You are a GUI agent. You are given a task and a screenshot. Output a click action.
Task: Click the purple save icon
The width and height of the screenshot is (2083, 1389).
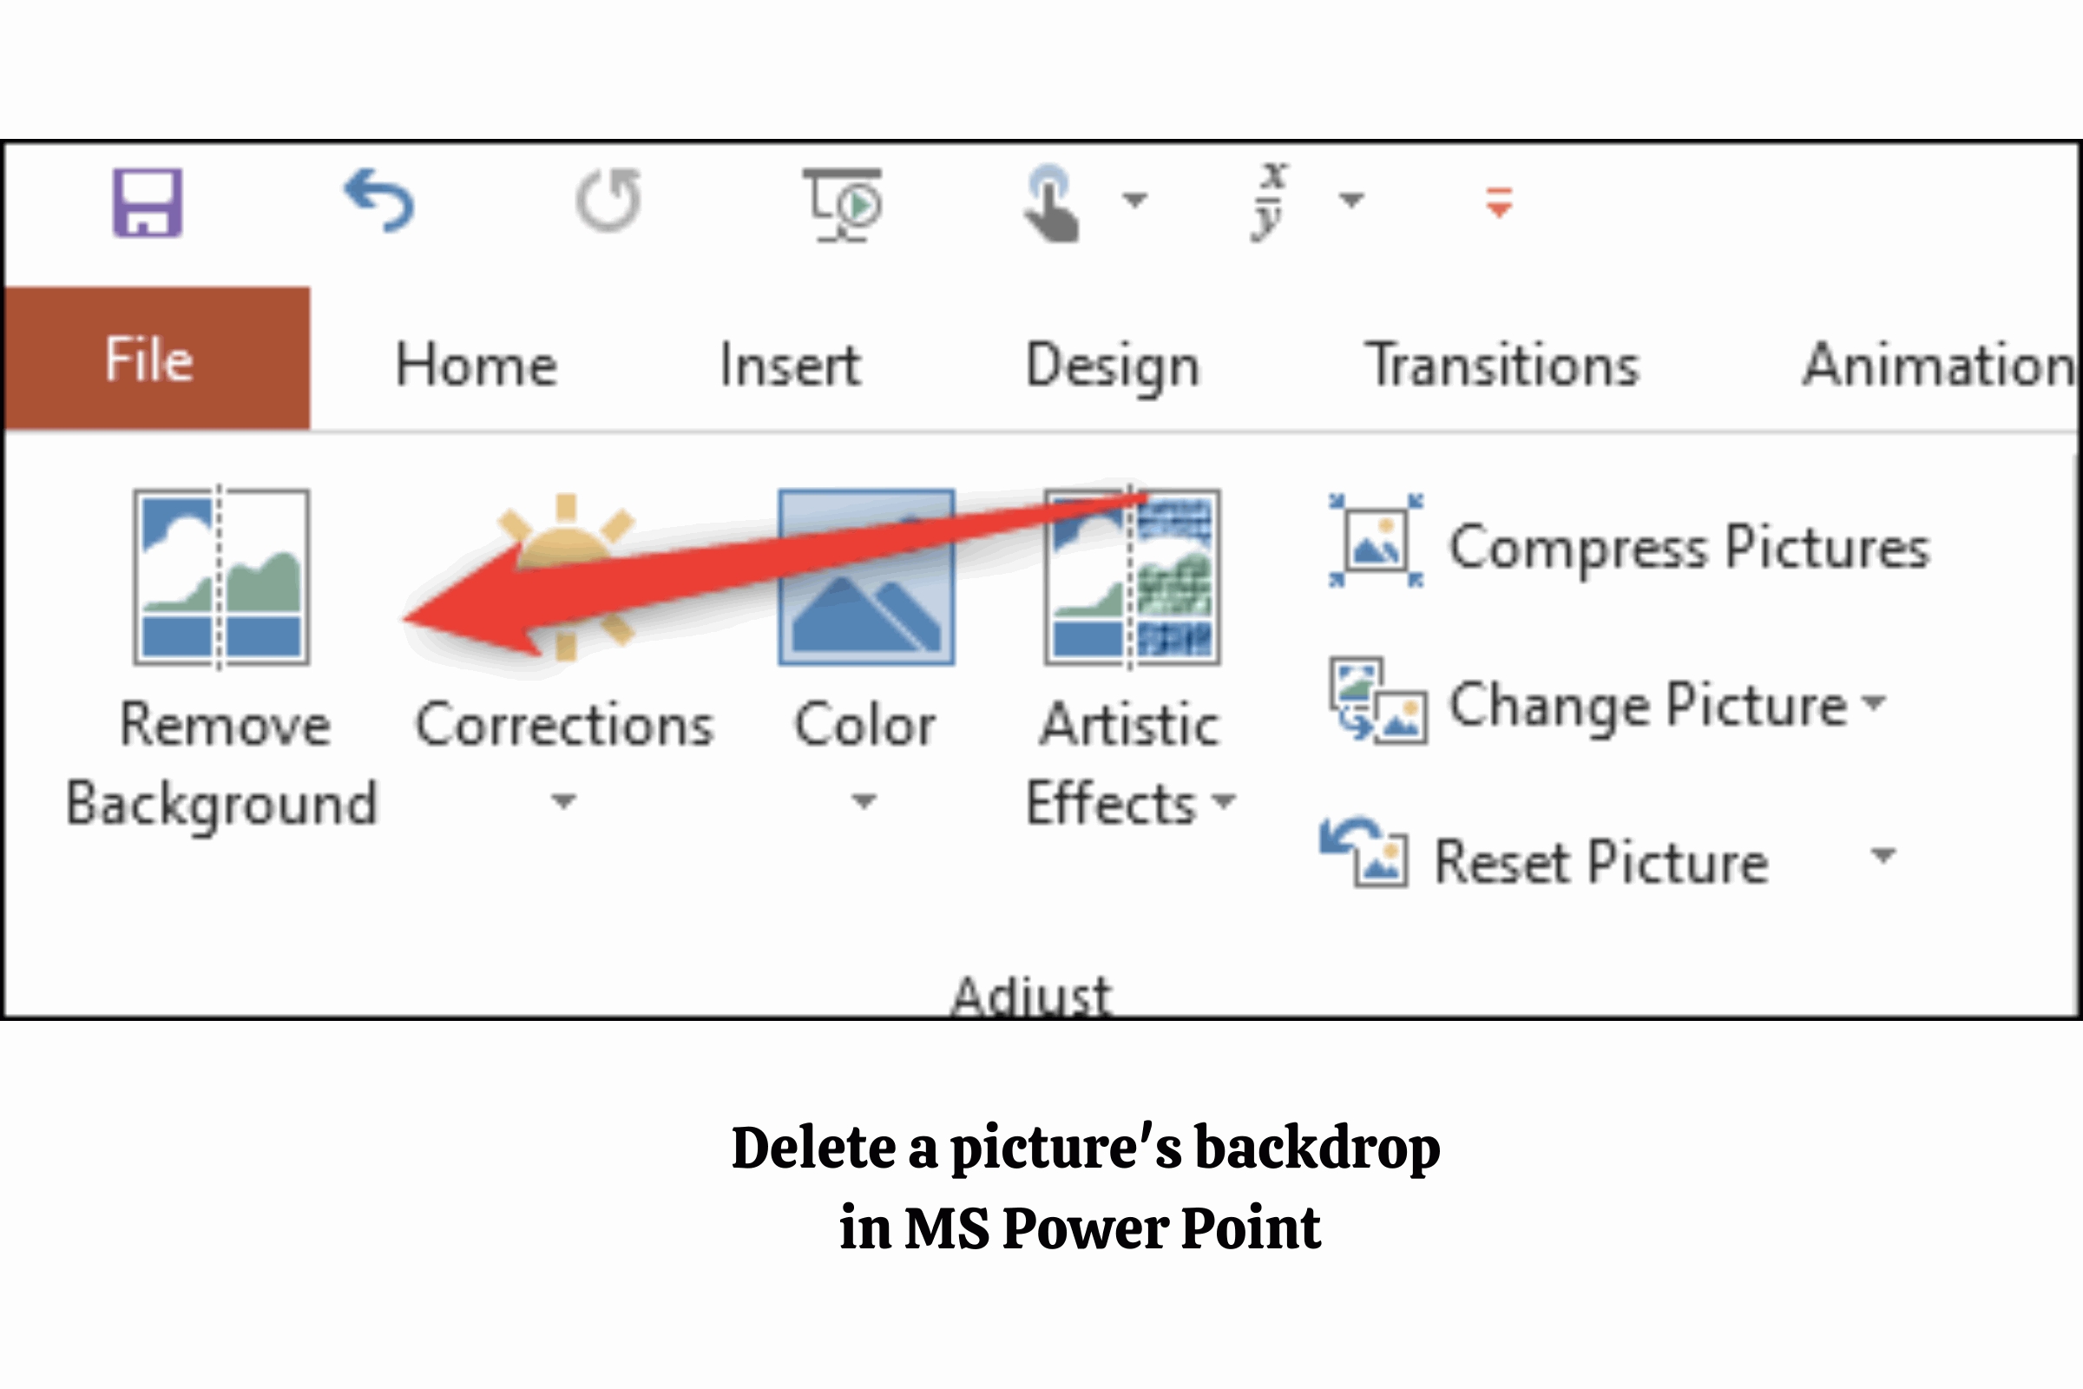[148, 203]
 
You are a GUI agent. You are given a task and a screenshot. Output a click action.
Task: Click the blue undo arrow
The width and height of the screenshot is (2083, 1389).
[379, 201]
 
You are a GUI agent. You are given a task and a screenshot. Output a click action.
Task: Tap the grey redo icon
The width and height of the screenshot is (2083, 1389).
[608, 201]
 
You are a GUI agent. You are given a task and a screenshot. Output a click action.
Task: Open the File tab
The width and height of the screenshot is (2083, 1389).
[157, 359]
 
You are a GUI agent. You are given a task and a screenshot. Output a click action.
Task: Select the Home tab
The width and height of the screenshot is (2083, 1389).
[476, 364]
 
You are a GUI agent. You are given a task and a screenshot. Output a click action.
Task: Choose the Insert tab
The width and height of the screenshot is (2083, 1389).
[790, 364]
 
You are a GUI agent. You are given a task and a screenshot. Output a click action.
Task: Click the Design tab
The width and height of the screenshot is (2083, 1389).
[1113, 366]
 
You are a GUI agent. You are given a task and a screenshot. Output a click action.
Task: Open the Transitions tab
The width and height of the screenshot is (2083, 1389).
[1502, 364]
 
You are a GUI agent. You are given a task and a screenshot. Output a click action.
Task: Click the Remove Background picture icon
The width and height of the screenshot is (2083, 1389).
[221, 576]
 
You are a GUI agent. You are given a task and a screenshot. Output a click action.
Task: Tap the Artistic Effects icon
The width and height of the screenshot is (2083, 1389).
[1132, 576]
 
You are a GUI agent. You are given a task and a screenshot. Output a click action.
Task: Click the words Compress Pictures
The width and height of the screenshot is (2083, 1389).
[1689, 548]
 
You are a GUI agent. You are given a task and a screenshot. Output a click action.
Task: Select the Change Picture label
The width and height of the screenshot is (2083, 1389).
[1648, 706]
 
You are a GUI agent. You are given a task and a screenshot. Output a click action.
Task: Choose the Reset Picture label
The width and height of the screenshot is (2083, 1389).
[1601, 861]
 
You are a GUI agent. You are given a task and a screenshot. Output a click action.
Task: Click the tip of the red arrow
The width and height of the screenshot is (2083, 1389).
[404, 618]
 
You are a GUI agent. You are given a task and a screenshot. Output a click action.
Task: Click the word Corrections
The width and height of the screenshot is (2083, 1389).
[565, 725]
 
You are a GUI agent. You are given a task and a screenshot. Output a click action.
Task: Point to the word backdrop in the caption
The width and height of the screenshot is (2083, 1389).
[1317, 1149]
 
